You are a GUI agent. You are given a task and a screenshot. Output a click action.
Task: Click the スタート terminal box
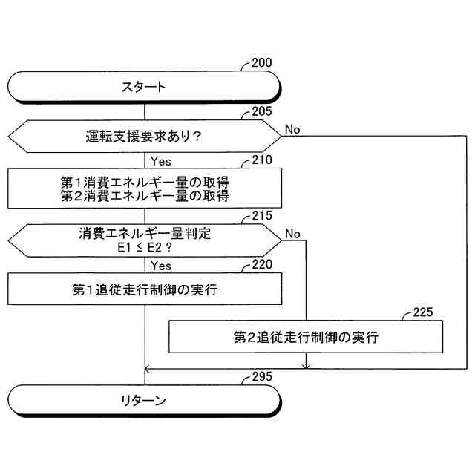tap(145, 87)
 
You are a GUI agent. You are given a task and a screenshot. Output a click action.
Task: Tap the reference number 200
tap(261, 62)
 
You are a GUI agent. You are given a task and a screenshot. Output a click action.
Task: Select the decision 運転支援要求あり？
tap(145, 137)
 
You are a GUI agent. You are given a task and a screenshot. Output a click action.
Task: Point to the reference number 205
tap(261, 112)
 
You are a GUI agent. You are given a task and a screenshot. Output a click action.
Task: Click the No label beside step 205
tap(292, 129)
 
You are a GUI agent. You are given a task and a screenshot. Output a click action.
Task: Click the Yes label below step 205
tap(161, 160)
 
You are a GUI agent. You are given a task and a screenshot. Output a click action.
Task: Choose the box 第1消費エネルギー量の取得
tap(145, 181)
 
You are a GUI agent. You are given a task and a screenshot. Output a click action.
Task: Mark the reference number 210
tap(261, 160)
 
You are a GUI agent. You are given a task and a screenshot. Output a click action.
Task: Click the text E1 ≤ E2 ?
tap(145, 248)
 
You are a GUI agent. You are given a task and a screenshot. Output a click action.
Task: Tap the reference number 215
tap(261, 216)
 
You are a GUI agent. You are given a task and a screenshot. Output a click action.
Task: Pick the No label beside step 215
tap(292, 234)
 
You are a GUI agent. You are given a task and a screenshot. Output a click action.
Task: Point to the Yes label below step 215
tap(161, 265)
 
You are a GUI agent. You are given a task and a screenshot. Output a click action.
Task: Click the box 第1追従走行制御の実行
tap(145, 289)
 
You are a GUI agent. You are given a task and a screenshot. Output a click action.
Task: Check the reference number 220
tap(261, 264)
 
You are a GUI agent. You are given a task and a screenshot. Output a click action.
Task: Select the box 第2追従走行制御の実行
tap(306, 337)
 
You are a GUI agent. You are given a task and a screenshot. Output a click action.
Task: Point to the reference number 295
tap(261, 376)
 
